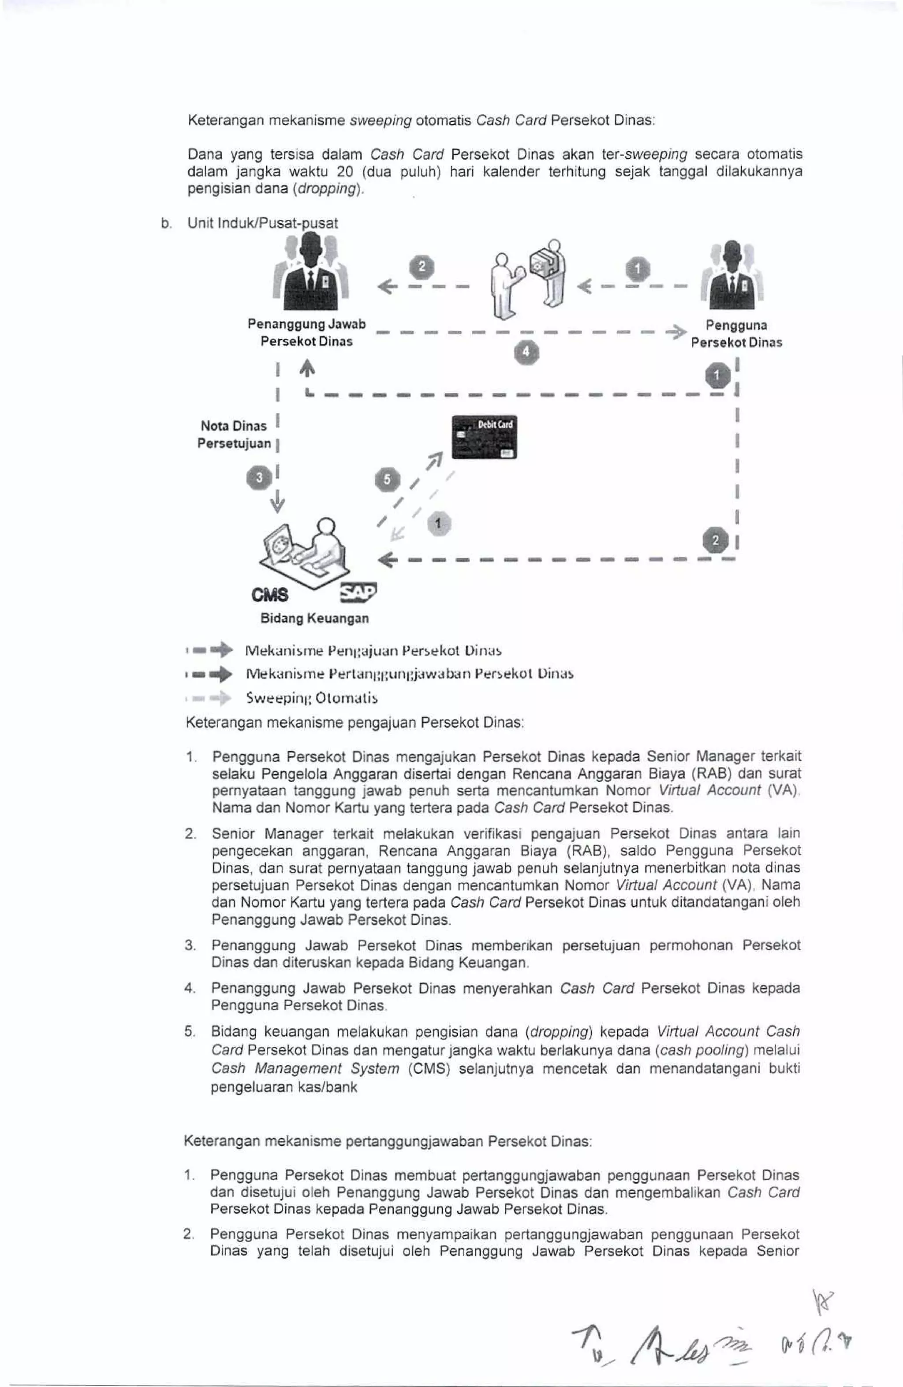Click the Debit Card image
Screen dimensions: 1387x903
click(484, 437)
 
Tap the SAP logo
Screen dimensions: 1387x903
click(357, 592)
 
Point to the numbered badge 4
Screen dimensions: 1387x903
click(526, 352)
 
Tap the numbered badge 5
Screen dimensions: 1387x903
click(388, 480)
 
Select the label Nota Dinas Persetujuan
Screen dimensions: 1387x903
click(234, 435)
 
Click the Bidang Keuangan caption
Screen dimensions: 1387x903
click(314, 619)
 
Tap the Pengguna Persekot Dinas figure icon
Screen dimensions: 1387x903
click(733, 278)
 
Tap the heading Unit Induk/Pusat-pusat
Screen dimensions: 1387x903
click(262, 223)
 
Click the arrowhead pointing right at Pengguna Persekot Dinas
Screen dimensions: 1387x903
click(676, 332)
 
